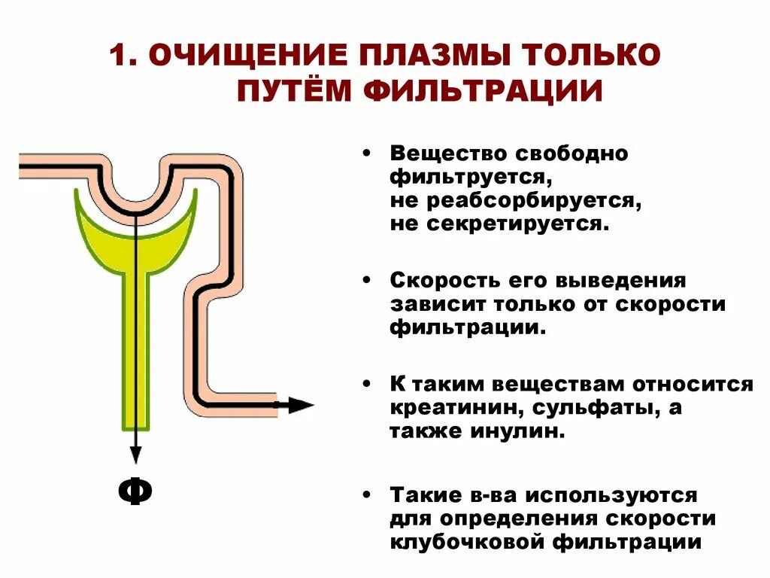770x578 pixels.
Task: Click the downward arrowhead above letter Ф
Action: [x=135, y=455]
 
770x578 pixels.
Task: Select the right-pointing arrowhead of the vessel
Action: [x=302, y=405]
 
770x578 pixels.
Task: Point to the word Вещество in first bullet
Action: [x=448, y=154]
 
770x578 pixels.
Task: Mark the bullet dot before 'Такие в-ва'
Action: [x=366, y=496]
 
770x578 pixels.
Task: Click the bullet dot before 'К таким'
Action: [x=366, y=385]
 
